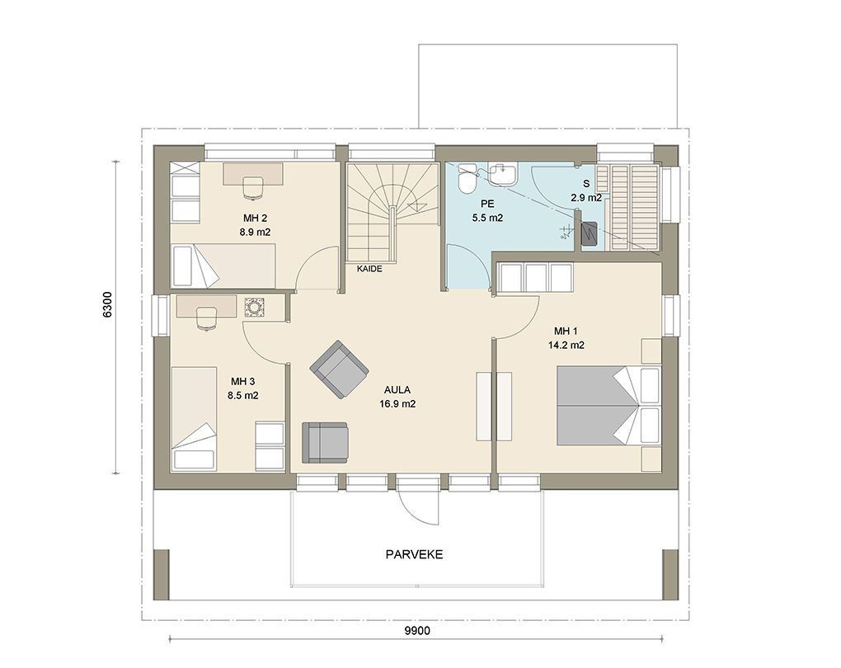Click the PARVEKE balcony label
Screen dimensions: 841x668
tap(414, 554)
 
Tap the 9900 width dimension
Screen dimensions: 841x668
tap(416, 631)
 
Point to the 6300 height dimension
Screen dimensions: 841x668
tap(107, 305)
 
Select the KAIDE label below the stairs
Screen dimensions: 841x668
tap(369, 269)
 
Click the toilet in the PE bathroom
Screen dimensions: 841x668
tap(466, 179)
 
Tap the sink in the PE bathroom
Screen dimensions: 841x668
tap(504, 173)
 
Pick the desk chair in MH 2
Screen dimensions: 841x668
tap(253, 188)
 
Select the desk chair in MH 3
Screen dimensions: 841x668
tap(206, 318)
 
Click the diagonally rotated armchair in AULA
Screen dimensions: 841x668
tap(339, 369)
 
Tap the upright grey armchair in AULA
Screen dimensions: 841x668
tap(325, 442)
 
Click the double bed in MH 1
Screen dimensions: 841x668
tap(608, 405)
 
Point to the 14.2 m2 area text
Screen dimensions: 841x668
tap(566, 345)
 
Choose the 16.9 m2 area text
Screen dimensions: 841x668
tap(397, 404)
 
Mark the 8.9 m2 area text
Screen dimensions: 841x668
tap(255, 233)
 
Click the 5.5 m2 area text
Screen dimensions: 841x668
tap(487, 218)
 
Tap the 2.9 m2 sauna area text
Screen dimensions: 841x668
tap(586, 197)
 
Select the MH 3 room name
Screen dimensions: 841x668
tap(243, 382)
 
